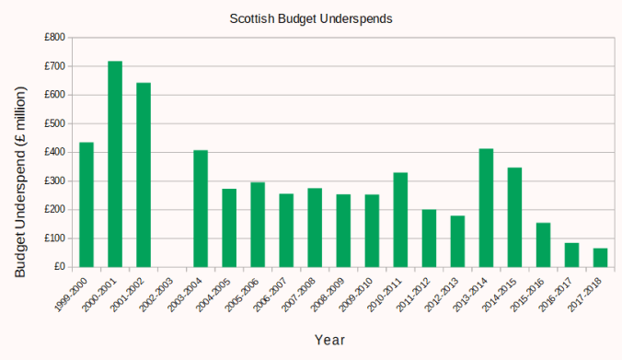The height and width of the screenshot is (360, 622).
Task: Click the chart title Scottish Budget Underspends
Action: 310,17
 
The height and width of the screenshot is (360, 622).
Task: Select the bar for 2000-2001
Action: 115,164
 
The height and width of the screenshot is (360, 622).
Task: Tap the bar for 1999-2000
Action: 86,204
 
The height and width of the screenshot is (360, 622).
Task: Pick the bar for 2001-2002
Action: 144,175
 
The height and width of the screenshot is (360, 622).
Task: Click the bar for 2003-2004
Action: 201,208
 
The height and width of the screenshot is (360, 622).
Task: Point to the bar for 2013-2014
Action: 486,207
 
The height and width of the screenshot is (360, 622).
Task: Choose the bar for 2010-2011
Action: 400,219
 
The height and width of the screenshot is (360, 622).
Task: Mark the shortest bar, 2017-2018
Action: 600,257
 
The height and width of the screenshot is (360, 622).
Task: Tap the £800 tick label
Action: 54,38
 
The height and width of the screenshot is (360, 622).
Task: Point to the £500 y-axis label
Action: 54,123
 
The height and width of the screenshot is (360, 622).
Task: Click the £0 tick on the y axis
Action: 59,266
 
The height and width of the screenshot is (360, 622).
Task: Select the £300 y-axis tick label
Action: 54,180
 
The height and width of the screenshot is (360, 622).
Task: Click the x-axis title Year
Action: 329,340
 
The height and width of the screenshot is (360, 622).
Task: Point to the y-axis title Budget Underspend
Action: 20,181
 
